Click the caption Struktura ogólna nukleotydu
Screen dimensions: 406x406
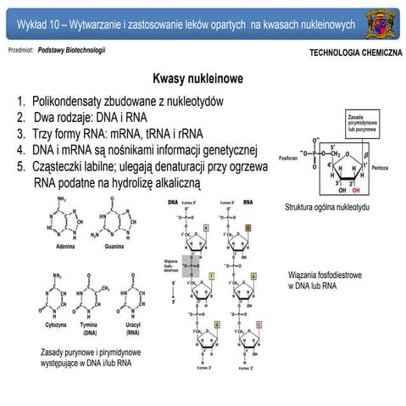[x=327, y=207]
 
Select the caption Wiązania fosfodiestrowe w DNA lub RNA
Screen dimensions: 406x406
[x=326, y=281]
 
